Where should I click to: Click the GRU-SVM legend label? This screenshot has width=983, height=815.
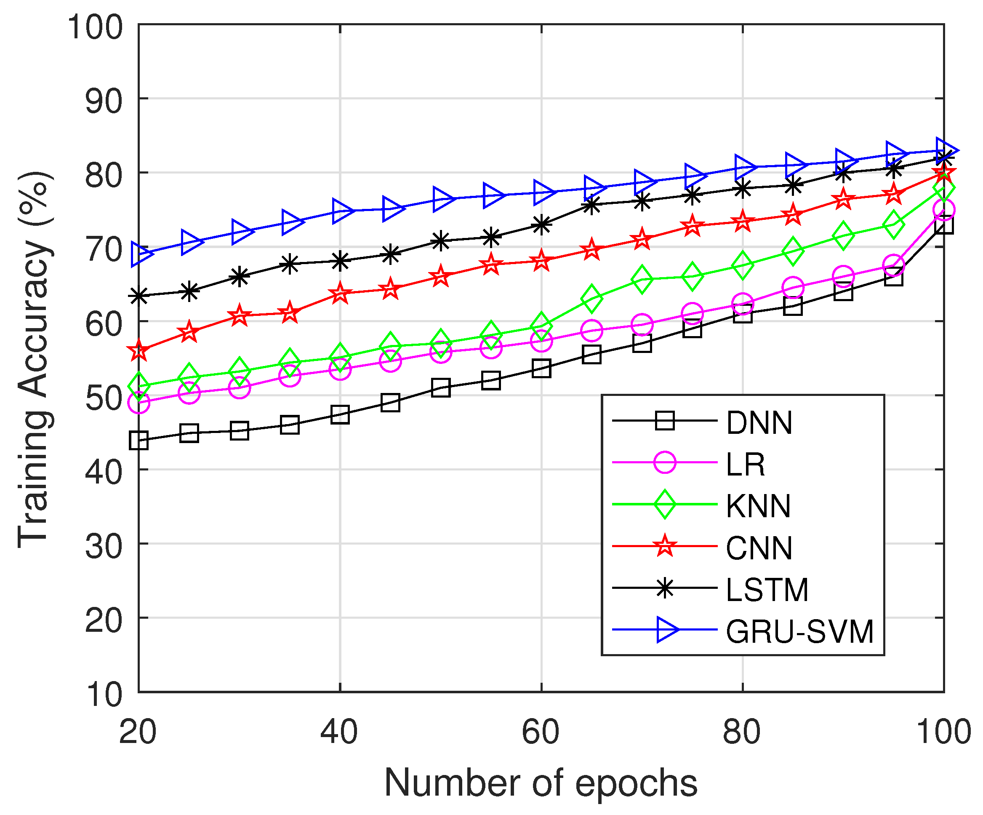point(799,632)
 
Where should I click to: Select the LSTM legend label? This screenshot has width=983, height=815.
point(767,590)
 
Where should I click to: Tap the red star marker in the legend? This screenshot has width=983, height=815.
point(665,546)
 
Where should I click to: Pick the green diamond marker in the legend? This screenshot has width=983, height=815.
point(665,505)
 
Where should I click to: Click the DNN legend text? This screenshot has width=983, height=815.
point(759,423)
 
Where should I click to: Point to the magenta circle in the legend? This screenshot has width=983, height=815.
point(665,463)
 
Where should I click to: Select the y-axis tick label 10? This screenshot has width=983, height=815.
point(104,694)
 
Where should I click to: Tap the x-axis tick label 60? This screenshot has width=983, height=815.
point(541,732)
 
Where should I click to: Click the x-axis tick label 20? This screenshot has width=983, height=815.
point(138,732)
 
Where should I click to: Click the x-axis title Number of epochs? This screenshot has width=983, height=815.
point(541,783)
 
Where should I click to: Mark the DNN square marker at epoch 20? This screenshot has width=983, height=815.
point(139,440)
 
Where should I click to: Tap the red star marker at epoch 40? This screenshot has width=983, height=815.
point(340,294)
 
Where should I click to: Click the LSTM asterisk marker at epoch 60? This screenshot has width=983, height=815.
point(541,224)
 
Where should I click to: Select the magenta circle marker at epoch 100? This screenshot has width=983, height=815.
point(944,210)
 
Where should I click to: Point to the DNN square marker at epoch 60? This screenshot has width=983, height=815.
point(541,368)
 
